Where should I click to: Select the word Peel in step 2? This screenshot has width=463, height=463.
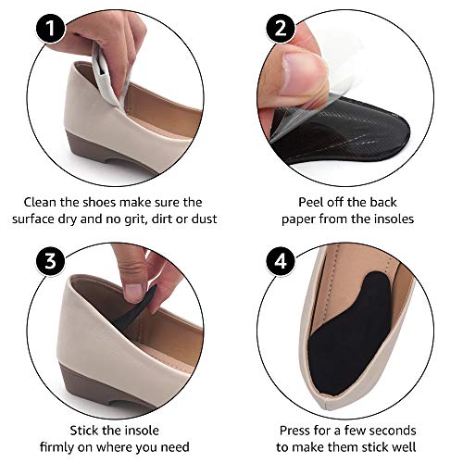pos(287,202)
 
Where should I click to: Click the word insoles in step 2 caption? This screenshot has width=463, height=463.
pos(388,220)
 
